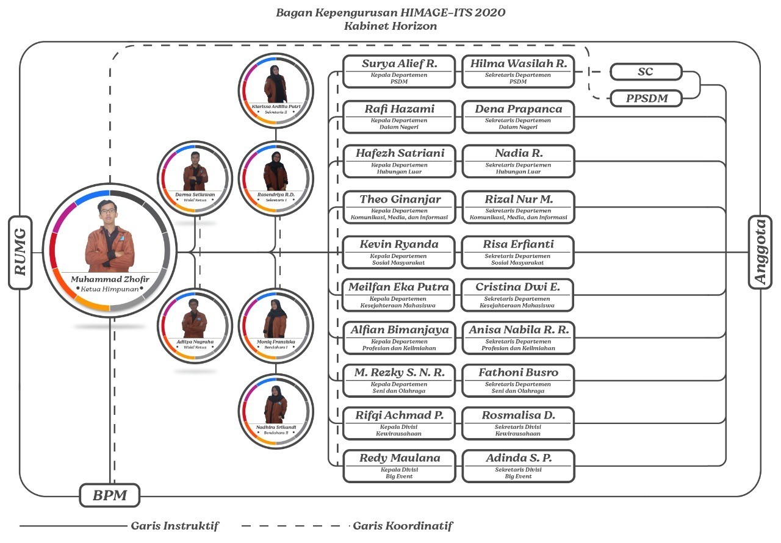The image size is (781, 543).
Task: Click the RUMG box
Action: point(20,252)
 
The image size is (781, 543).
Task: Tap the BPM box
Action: point(110,495)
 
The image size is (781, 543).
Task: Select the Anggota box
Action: point(760,252)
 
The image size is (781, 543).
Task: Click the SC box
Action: point(646,72)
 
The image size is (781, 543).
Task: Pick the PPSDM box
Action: point(646,98)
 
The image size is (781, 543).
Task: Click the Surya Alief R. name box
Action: point(399,71)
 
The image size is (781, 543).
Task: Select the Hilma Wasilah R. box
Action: point(518,71)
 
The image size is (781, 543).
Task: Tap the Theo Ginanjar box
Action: point(399,207)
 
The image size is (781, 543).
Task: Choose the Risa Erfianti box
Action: point(518,252)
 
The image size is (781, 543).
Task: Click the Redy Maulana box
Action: point(399,466)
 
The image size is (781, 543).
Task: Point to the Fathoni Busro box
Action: point(518,379)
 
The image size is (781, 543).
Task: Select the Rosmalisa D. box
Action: point(518,423)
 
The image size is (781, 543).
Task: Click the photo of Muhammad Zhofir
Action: point(109,235)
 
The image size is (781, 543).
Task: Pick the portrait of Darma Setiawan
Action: point(195,171)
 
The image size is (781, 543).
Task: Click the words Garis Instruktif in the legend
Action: point(175,526)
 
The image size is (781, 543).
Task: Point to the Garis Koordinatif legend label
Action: point(403,526)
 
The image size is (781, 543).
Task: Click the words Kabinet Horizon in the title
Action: point(390,26)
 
